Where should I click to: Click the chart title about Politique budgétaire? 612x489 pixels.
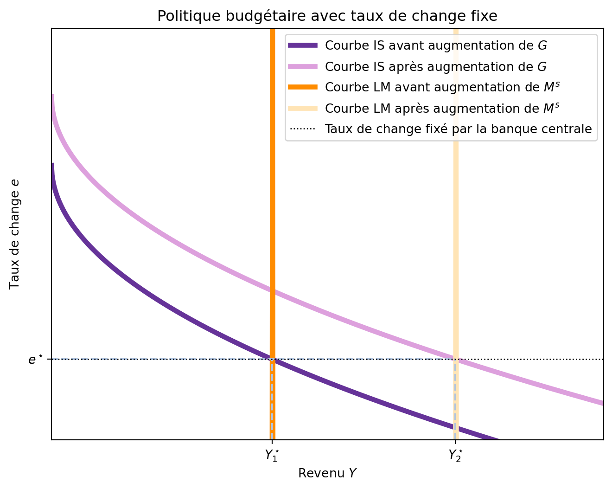coord(327,16)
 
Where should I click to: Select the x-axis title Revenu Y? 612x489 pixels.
coord(327,473)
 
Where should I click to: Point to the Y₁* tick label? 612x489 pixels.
coord(272,455)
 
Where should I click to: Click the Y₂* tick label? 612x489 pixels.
coord(455,455)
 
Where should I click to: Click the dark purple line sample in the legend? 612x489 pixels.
coord(303,45)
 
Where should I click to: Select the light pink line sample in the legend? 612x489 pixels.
coord(303,66)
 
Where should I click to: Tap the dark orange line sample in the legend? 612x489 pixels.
coord(303,87)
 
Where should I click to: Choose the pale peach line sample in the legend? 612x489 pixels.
coord(303,108)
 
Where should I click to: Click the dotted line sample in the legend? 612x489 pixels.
coord(303,129)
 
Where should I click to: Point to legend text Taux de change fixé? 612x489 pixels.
coord(458,129)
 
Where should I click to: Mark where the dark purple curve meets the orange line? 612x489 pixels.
coord(272,359)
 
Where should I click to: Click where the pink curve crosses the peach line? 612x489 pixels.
coord(456,359)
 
